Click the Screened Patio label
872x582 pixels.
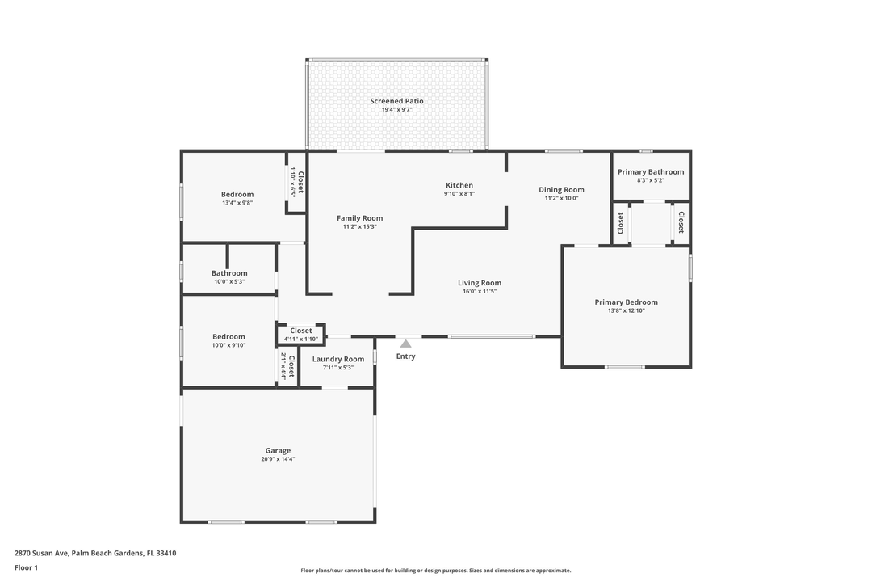(x=396, y=101)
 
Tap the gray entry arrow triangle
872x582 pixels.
(x=405, y=344)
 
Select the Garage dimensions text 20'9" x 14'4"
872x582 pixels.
(x=278, y=459)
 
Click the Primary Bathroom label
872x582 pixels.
(x=651, y=171)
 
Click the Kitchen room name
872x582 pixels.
(x=459, y=185)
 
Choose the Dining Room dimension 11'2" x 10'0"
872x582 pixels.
(x=561, y=198)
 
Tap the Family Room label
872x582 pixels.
(x=359, y=218)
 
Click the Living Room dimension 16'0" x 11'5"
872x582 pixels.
(x=480, y=291)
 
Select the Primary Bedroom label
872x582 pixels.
(x=626, y=302)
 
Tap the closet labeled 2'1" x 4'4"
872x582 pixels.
(x=288, y=366)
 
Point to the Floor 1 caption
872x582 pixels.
(x=26, y=567)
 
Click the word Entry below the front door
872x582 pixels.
(x=405, y=356)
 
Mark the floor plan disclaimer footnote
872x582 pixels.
(x=436, y=571)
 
